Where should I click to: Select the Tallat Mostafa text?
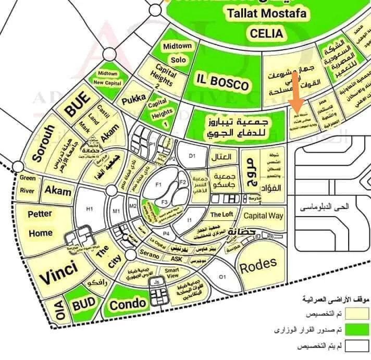coord(265,14)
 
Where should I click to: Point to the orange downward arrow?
coord(295,90)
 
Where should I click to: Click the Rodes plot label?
coord(258,266)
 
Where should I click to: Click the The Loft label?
coord(221,214)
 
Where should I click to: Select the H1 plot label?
coord(89,209)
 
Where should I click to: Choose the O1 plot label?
coord(222,276)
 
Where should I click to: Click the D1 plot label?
coord(192,156)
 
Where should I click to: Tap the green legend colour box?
coord(358,330)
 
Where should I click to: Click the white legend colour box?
coord(358,346)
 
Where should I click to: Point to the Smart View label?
coord(172,274)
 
